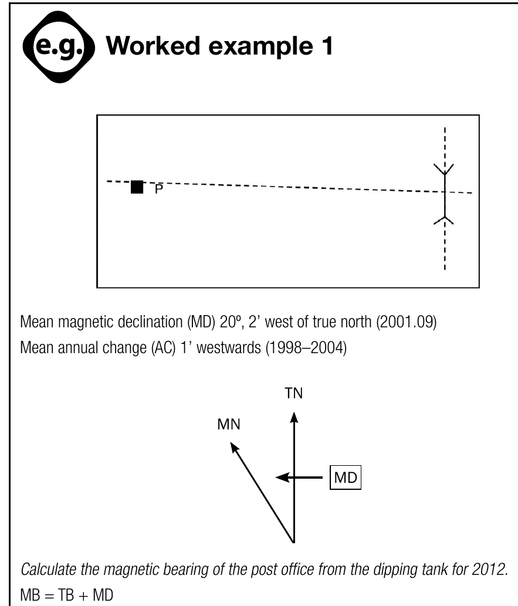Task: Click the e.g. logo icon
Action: pyautogui.click(x=59, y=47)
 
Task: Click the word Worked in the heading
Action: pyautogui.click(x=153, y=46)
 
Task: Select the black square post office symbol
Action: pyautogui.click(x=137, y=187)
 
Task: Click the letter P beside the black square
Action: pyautogui.click(x=159, y=189)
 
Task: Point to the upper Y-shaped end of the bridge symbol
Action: pyautogui.click(x=443, y=170)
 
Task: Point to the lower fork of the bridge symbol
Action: pyautogui.click(x=443, y=220)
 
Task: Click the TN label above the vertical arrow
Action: pyautogui.click(x=294, y=394)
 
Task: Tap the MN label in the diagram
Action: pyautogui.click(x=229, y=424)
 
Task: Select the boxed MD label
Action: pyautogui.click(x=345, y=478)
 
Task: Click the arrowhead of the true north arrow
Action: pyautogui.click(x=294, y=418)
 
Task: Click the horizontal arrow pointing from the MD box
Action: pyautogui.click(x=299, y=478)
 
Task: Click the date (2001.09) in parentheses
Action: pyautogui.click(x=407, y=322)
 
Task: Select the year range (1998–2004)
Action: pyautogui.click(x=306, y=348)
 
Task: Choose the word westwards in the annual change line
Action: pyautogui.click(x=228, y=348)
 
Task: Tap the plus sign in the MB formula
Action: pyautogui.click(x=83, y=595)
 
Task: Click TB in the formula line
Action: pyautogui.click(x=66, y=595)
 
